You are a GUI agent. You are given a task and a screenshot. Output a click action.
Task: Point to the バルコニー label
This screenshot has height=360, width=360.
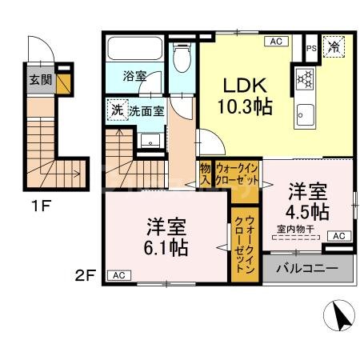307,268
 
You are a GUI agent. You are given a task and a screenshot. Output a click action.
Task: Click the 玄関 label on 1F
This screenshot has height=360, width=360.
40,79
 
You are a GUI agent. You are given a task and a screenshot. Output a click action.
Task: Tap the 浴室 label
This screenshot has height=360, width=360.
134,77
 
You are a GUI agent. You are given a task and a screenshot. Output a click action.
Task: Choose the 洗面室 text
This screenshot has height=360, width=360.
147,110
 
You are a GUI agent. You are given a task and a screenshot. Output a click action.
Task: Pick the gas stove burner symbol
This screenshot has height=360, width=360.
305,78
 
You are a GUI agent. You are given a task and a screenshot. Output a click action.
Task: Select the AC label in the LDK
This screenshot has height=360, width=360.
276,41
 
